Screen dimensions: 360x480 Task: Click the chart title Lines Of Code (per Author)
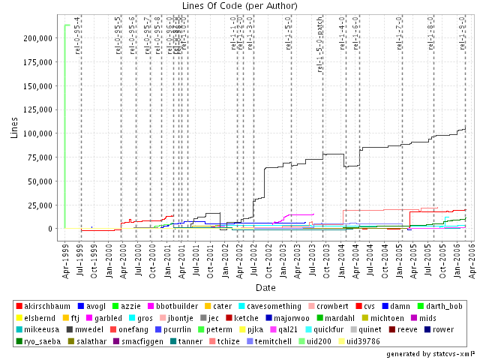click(240, 6)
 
